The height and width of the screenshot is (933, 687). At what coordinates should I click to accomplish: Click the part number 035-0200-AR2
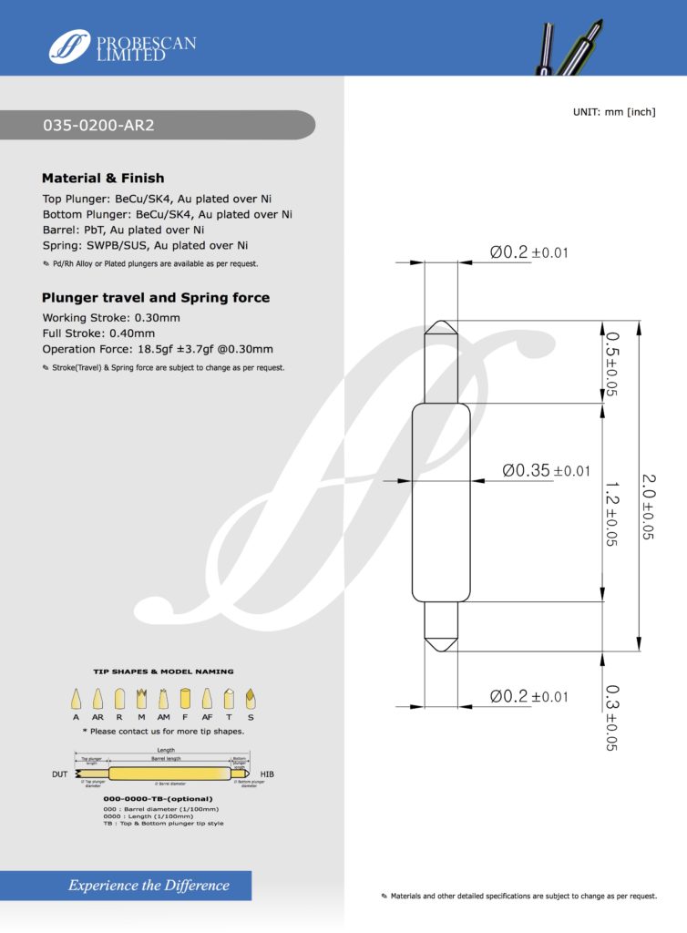pyautogui.click(x=99, y=126)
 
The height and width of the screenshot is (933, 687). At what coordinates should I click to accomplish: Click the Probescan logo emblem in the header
pyautogui.click(x=69, y=46)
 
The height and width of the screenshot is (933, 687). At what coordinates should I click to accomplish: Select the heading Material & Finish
pyautogui.click(x=103, y=178)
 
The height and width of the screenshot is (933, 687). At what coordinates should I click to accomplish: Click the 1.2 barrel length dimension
pyautogui.click(x=610, y=512)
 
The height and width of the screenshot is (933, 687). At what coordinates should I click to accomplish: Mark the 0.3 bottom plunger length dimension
pyautogui.click(x=611, y=717)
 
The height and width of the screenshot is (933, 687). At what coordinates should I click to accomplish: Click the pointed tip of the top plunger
pyautogui.click(x=440, y=321)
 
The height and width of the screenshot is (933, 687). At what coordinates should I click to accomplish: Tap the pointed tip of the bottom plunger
pyautogui.click(x=440, y=650)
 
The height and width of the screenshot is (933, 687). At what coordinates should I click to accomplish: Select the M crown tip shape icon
pyautogui.click(x=141, y=700)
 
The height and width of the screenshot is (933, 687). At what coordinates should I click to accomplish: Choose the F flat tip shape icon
pyautogui.click(x=185, y=700)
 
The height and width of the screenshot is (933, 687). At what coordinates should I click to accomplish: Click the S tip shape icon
pyautogui.click(x=251, y=700)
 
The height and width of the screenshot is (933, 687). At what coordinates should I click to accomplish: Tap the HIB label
pyautogui.click(x=268, y=774)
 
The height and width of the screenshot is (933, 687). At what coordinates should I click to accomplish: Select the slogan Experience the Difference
pyautogui.click(x=149, y=885)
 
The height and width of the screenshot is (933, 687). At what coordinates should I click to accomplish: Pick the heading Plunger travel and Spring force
pyautogui.click(x=156, y=298)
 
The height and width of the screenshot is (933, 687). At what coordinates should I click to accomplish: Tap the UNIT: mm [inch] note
pyautogui.click(x=614, y=111)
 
